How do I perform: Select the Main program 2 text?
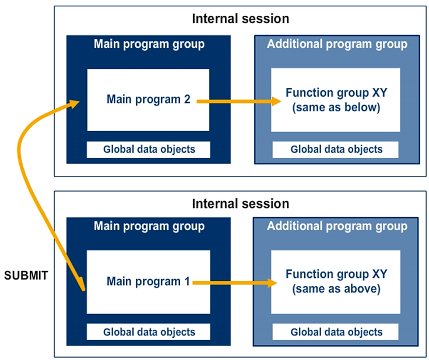pos(148,100)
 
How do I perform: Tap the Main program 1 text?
pos(148,282)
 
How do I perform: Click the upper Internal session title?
pos(240,19)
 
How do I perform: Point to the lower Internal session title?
pos(240,204)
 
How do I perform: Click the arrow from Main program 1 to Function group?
pos(233,283)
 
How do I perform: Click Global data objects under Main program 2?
pos(149,149)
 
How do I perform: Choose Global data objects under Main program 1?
pos(149,332)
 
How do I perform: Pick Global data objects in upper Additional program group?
pos(336,149)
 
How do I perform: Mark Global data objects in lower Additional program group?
pos(336,332)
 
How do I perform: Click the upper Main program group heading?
pos(149,44)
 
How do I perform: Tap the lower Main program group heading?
pos(149,227)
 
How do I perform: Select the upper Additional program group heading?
pos(337,44)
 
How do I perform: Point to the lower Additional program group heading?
pos(337,227)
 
